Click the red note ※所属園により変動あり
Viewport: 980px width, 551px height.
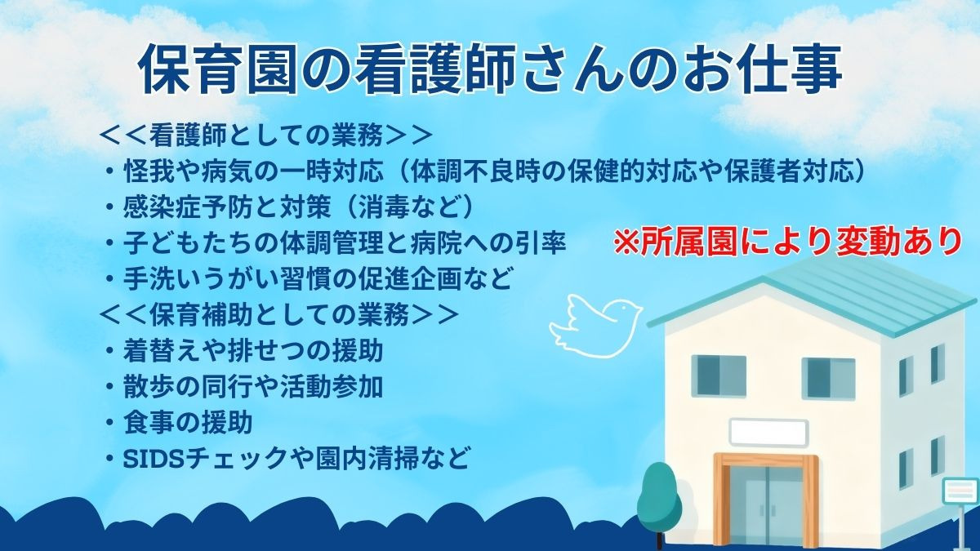coord(788,242)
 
